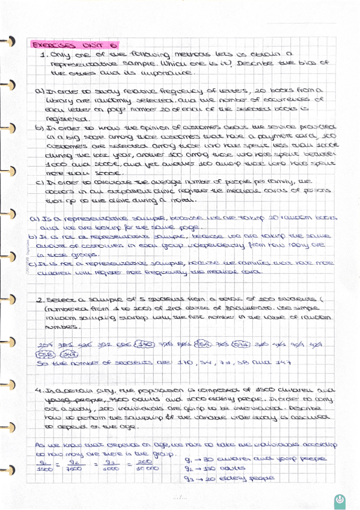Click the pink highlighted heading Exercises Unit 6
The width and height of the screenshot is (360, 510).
[x=75, y=45]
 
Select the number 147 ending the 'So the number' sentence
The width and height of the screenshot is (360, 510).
[x=284, y=363]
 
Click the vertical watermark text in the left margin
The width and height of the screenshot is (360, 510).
[x=28, y=258]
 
